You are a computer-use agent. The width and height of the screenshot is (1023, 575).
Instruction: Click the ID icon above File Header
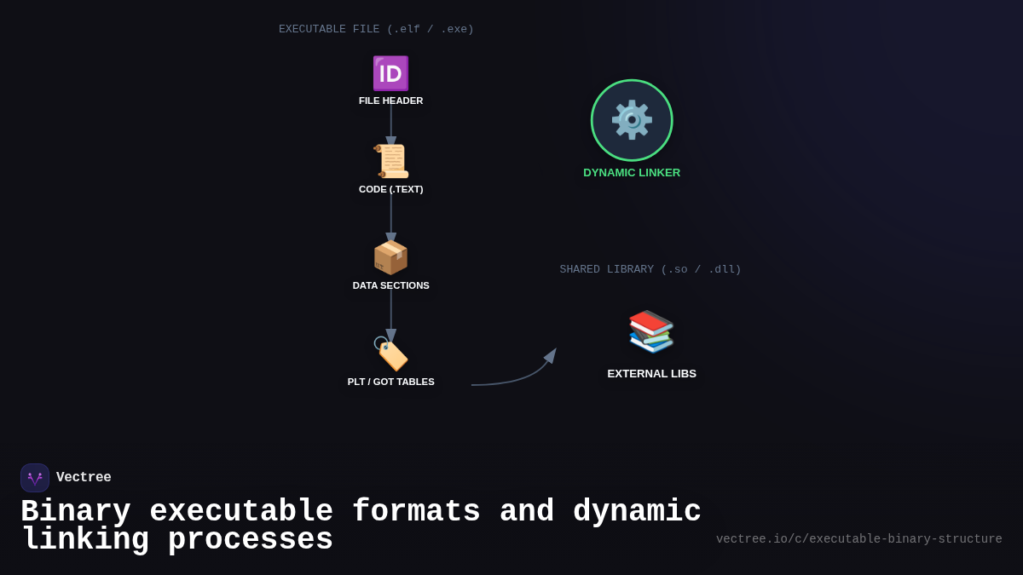click(390, 73)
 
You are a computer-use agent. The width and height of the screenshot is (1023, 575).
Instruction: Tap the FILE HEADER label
click(390, 101)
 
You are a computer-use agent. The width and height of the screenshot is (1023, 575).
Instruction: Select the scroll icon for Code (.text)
click(390, 161)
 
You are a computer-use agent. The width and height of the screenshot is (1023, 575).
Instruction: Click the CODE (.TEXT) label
click(390, 189)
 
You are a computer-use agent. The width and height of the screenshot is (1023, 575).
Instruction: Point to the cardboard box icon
click(390, 257)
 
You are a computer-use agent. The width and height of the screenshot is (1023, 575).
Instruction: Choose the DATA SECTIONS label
click(390, 285)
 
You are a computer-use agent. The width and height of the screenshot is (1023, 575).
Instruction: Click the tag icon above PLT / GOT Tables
click(390, 354)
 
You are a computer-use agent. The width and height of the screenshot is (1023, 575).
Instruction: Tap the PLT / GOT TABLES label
click(390, 382)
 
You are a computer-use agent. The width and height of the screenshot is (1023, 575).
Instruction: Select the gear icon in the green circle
click(632, 120)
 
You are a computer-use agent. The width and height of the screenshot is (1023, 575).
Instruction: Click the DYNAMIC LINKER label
click(632, 173)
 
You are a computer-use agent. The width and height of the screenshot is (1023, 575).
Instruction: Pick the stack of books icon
click(651, 331)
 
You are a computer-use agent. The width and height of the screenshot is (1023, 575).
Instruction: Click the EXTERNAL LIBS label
click(651, 374)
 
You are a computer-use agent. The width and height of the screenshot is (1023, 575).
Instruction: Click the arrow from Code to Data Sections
click(391, 217)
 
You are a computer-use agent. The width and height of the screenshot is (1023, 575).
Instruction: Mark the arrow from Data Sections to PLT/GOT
click(391, 313)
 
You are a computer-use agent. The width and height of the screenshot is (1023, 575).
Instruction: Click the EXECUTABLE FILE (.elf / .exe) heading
click(376, 29)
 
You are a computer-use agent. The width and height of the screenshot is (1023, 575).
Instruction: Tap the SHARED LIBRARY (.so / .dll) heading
click(650, 269)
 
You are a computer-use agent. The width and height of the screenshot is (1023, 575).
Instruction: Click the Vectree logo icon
click(35, 478)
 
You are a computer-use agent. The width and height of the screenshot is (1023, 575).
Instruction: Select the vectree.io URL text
click(858, 539)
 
